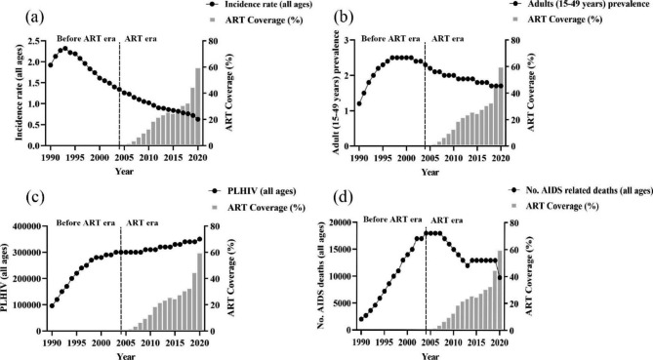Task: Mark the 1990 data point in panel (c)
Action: pos(52,305)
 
